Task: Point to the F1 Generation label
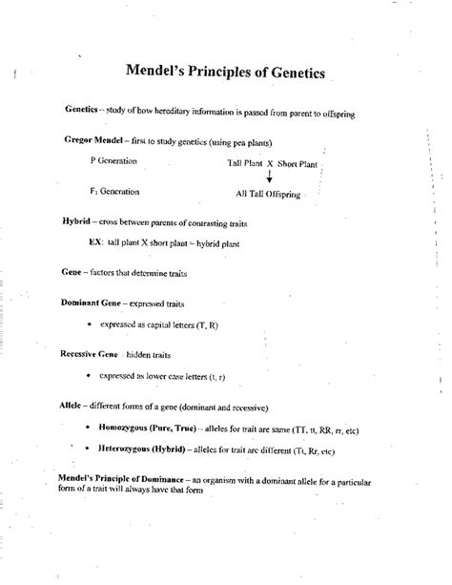pos(113,191)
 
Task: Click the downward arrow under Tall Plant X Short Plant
pos(270,177)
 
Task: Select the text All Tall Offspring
pos(268,194)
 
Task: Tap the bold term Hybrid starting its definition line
pos(75,220)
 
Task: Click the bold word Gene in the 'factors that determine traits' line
pos(71,272)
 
